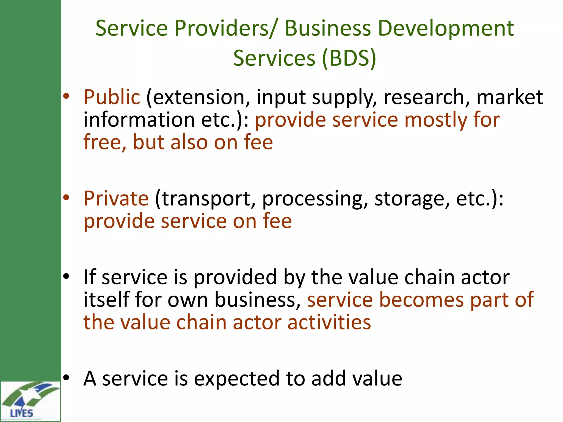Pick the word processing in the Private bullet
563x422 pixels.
coord(315,199)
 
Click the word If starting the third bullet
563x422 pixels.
coord(90,277)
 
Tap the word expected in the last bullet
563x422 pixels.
coord(237,379)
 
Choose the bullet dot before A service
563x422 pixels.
coord(66,378)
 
